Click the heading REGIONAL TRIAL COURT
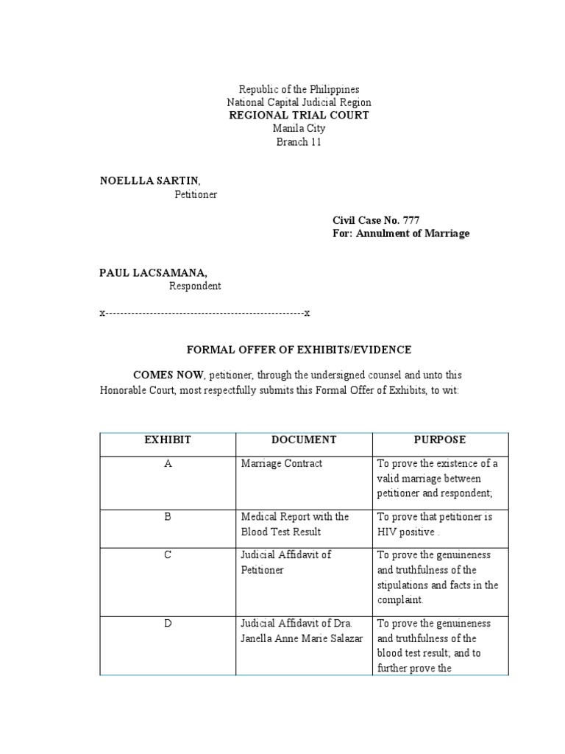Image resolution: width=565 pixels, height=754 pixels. coord(299,116)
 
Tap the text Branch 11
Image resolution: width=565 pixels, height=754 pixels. coord(299,142)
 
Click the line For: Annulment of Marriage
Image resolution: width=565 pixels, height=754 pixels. coord(401,233)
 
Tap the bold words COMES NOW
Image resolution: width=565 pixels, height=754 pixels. coord(167,375)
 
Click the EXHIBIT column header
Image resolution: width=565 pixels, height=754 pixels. coord(167,440)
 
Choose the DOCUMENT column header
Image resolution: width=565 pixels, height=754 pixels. coord(304,440)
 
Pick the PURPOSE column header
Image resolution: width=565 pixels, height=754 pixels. coord(440,440)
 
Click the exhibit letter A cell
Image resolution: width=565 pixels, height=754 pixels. coord(167,464)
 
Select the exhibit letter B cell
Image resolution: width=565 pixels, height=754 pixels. coord(167,517)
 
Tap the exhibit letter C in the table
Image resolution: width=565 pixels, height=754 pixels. coord(167,555)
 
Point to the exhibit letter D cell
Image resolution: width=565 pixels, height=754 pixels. coord(167,624)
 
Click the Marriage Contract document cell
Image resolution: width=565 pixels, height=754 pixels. coord(282,464)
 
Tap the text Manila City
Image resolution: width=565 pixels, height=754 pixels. coord(299,129)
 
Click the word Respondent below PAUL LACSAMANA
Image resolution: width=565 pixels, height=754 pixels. coord(195,286)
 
